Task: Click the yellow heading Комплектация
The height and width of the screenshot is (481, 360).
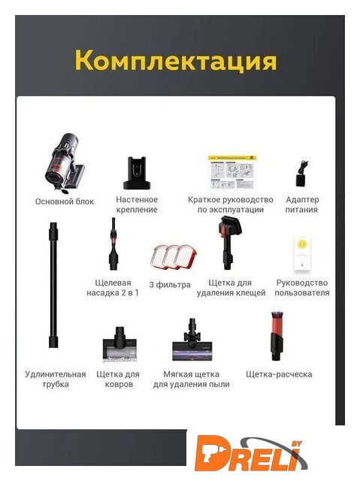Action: click(176, 59)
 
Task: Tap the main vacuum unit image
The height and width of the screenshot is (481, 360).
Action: click(64, 163)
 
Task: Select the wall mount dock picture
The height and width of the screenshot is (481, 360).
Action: click(137, 173)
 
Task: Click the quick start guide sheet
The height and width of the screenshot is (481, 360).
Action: click(231, 172)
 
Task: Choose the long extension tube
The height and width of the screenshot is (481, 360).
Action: click(53, 285)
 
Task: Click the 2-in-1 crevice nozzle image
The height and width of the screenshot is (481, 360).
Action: click(113, 244)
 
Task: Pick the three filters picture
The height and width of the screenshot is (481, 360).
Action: click(174, 257)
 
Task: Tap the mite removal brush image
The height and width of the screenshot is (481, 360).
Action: click(229, 242)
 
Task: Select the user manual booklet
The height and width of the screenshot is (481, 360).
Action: click(302, 253)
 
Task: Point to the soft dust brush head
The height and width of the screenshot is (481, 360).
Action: click(192, 340)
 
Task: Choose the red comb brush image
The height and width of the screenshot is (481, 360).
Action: click(277, 336)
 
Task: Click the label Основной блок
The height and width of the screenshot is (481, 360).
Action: click(65, 201)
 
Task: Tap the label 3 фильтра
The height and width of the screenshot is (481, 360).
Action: click(170, 285)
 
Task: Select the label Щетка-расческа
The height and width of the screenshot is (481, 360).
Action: click(279, 374)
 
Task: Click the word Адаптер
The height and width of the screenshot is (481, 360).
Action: click(302, 200)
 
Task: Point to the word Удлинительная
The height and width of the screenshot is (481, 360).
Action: click(56, 374)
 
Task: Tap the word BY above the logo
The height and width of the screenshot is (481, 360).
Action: click(296, 443)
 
